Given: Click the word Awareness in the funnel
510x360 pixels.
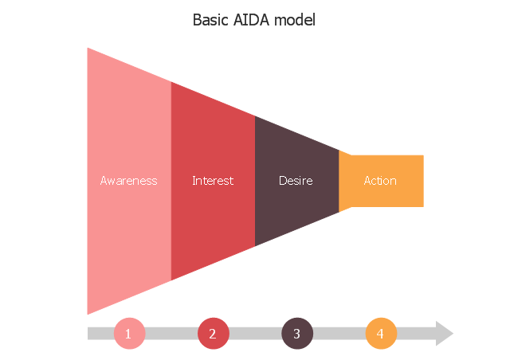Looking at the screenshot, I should pos(128,181).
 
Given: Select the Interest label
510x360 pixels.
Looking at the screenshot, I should pos(213,181).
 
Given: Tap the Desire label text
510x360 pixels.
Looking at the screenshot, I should pos(296,181).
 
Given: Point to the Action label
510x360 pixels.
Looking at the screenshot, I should pos(380,181).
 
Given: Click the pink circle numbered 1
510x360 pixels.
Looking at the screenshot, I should pos(129,333).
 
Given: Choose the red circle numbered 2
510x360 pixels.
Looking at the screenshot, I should pos(213,333).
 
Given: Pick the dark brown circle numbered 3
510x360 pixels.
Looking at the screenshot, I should pos(297,333).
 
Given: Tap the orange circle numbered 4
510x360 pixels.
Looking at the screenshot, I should pos(381,333).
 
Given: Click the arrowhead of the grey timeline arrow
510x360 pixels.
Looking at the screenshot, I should pos(443,333).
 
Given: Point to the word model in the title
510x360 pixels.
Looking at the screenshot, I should pos(295,20).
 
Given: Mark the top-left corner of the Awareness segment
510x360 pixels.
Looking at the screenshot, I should pos(88,49).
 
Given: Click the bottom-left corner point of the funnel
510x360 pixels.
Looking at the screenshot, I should pos(88,314).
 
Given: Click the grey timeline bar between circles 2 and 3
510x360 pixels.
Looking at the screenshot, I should pos(255,333).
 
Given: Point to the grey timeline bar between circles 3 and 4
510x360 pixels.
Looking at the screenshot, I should pos(339,333).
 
